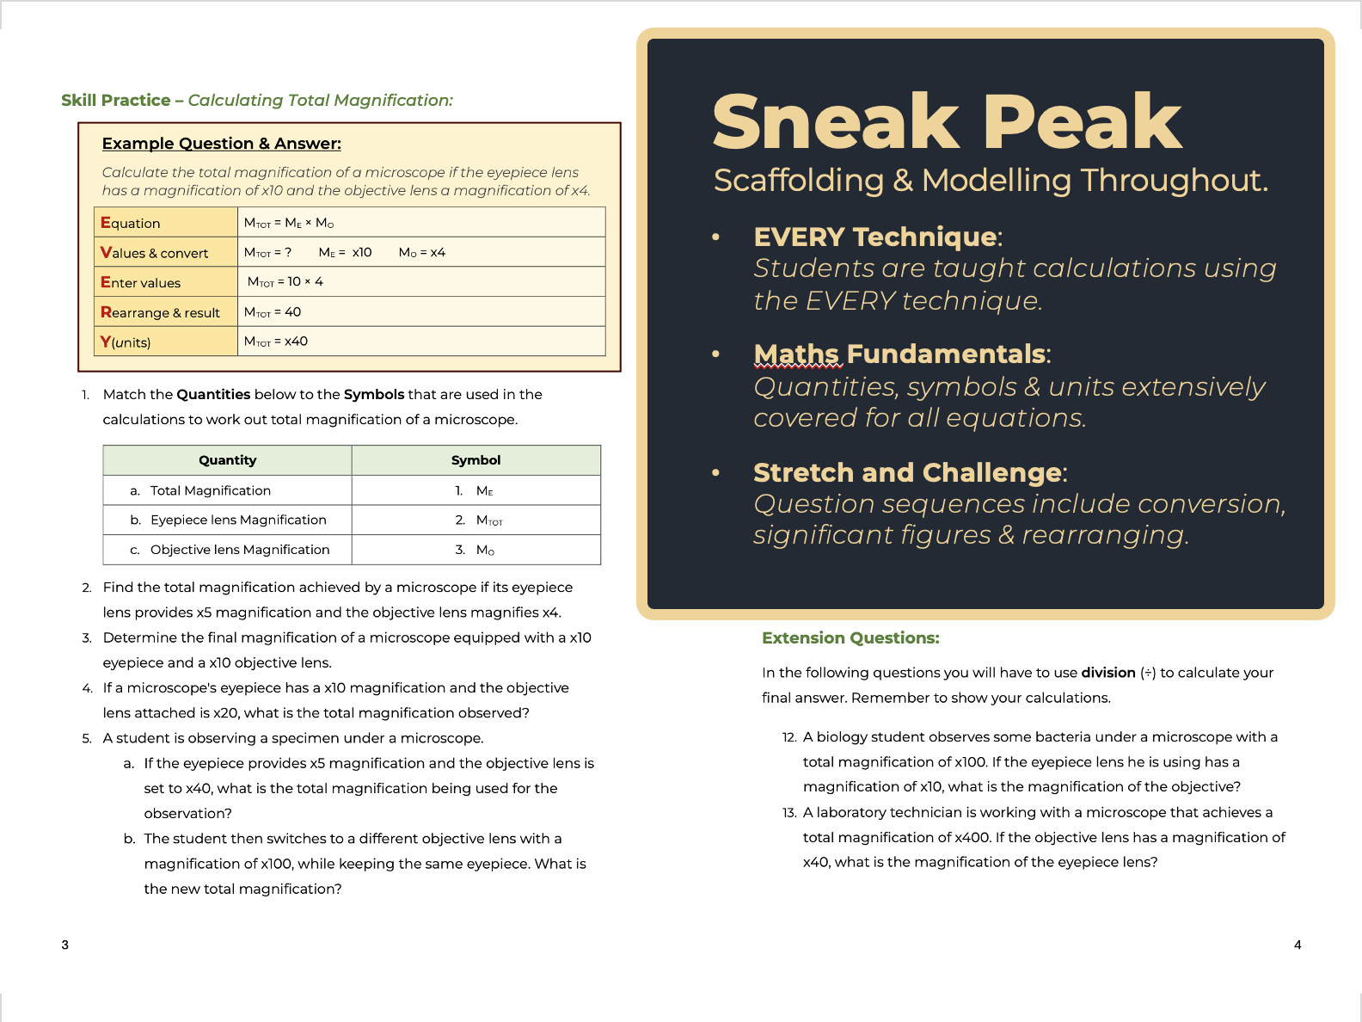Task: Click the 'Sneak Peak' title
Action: pyautogui.click(x=947, y=122)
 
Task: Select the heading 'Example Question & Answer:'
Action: pyautogui.click(x=221, y=144)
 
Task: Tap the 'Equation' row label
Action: pyautogui.click(x=131, y=223)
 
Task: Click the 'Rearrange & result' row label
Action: pyautogui.click(x=161, y=312)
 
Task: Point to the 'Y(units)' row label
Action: pyautogui.click(x=126, y=342)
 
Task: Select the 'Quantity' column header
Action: pyautogui.click(x=227, y=460)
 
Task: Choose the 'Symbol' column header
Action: pyautogui.click(x=475, y=460)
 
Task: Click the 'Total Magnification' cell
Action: pyautogui.click(x=210, y=490)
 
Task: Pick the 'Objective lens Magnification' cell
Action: pyautogui.click(x=239, y=550)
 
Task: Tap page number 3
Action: pyautogui.click(x=64, y=945)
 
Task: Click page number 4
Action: pyautogui.click(x=1298, y=945)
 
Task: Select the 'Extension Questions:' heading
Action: pyautogui.click(x=850, y=637)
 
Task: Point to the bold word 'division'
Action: pyautogui.click(x=1108, y=673)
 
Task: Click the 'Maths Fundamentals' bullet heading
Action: pyautogui.click(x=899, y=354)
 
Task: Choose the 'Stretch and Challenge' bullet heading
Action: pyautogui.click(x=907, y=472)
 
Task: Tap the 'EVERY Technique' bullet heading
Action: pyautogui.click(x=875, y=237)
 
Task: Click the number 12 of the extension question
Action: pyautogui.click(x=789, y=737)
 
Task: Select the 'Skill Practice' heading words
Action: pyautogui.click(x=116, y=100)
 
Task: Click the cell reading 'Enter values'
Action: pyautogui.click(x=141, y=282)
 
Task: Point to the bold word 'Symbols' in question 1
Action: pyautogui.click(x=373, y=394)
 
